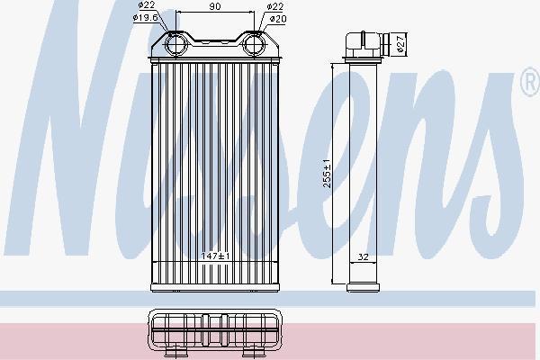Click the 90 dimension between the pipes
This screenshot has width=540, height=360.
(215, 6)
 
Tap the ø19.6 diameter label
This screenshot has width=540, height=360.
(145, 18)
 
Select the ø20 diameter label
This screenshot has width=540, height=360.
(278, 19)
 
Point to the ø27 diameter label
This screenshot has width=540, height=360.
(400, 43)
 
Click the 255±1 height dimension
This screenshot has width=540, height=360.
(327, 173)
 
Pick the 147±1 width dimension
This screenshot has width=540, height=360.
(215, 256)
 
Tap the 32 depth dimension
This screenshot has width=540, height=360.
(363, 256)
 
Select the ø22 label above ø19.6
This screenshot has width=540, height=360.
(147, 4)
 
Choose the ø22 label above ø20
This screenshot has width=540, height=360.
(274, 6)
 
